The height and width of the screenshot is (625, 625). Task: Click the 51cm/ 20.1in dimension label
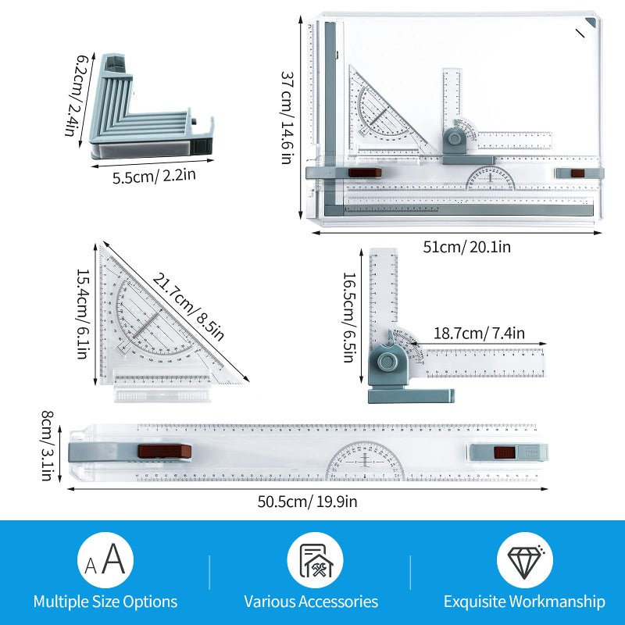[x=466, y=247]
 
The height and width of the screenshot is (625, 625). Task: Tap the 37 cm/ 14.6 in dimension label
[x=287, y=118]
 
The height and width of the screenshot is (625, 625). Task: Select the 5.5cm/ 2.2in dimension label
[x=153, y=176]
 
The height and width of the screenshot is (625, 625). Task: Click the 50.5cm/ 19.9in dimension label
[x=307, y=502]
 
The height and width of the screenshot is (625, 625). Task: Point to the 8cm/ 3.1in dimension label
[x=48, y=445]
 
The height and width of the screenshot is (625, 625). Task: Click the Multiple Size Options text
[x=105, y=602]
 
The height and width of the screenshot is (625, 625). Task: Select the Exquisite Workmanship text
[x=524, y=602]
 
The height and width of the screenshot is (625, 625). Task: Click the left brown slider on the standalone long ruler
[x=165, y=451]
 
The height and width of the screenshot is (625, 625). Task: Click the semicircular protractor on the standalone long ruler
[x=365, y=462]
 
